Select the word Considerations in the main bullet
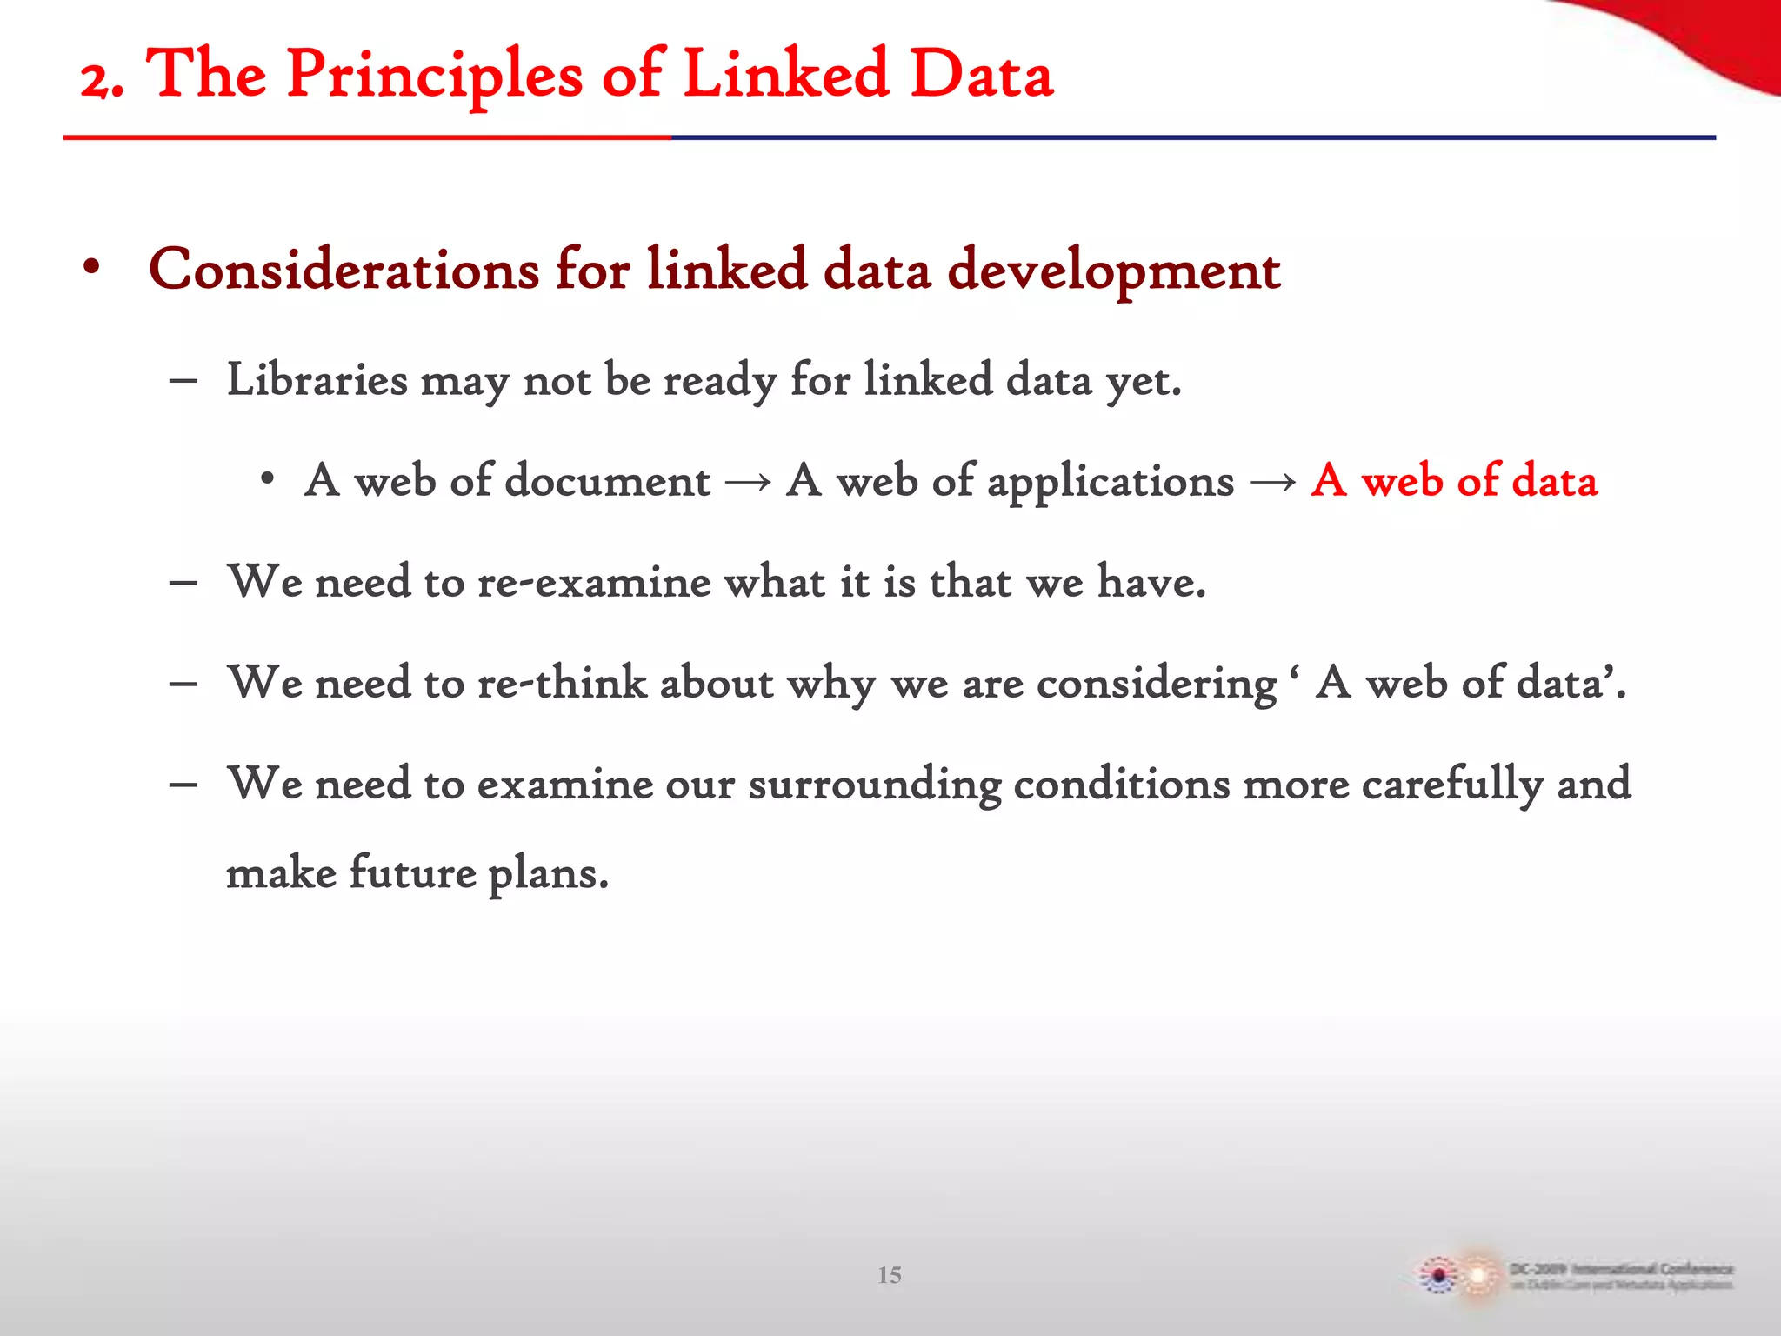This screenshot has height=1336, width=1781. point(344,270)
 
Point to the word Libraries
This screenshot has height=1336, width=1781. point(317,380)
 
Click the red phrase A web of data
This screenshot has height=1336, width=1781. point(1454,481)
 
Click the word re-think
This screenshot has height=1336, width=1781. point(562,683)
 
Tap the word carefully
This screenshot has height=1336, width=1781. point(1451,785)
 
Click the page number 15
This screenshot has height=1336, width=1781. point(889,1275)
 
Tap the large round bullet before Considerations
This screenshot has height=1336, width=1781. point(91,267)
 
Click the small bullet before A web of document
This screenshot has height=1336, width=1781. point(267,479)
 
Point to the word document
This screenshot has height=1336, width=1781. point(607,481)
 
